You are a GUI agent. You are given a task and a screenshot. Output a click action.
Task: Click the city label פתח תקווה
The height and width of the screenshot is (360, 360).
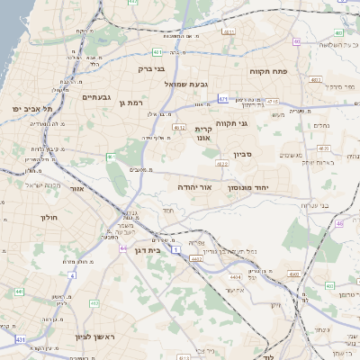[267, 69]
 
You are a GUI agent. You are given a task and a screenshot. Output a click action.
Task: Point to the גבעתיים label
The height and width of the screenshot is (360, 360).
[95, 97]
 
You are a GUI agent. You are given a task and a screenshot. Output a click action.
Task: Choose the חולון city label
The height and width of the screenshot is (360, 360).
[49, 218]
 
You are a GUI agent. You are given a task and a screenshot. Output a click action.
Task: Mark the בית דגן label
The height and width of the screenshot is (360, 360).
[146, 251]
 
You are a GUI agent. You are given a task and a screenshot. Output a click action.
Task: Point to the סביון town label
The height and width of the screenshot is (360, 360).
[245, 154]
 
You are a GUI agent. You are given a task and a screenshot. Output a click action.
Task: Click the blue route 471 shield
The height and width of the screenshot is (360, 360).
[221, 100]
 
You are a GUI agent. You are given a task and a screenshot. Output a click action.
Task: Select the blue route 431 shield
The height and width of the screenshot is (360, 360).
[20, 339]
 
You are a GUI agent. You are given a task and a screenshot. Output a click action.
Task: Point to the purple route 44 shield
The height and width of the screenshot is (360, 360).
[123, 247]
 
